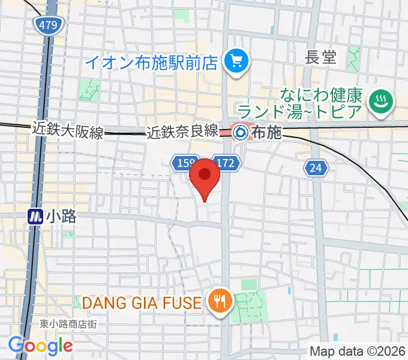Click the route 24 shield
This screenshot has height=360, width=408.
pos(316,169)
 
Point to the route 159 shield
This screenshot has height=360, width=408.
pos(184,163)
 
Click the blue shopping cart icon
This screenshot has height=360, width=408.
pos(234,61)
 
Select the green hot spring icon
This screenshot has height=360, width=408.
pos(380,100)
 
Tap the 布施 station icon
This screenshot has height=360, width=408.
pos(240,131)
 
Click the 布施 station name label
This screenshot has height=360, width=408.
pos(266,132)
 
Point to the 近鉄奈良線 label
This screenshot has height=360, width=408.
pos(182,132)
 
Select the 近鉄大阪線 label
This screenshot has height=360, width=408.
pos(68,130)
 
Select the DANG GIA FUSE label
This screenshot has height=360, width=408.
pos(141,303)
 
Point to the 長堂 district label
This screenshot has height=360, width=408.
pos(321,58)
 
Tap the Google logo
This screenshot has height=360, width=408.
pos(40,345)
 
